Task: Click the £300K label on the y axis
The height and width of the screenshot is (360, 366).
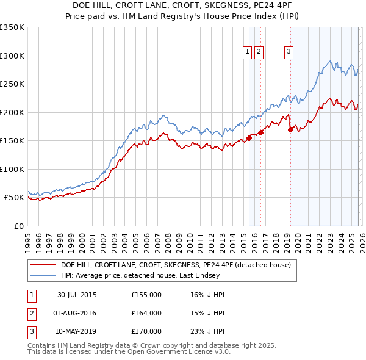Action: (12, 56)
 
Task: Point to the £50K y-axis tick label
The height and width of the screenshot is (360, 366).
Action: (13, 198)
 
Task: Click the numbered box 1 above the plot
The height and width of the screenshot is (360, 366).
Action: (248, 52)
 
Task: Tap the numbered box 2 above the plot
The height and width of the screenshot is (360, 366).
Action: (259, 52)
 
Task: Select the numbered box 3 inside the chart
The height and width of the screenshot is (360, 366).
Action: (288, 52)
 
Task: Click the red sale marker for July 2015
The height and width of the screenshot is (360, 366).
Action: (249, 138)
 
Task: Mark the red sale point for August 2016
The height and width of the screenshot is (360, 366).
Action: (260, 132)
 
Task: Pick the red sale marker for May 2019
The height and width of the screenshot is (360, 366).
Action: (290, 129)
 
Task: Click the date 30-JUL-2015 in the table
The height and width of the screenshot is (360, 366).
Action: (77, 295)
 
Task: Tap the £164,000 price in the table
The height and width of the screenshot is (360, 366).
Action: (146, 313)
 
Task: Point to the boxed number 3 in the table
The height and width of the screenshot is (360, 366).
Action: (30, 331)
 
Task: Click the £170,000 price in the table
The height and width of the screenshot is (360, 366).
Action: (146, 331)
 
